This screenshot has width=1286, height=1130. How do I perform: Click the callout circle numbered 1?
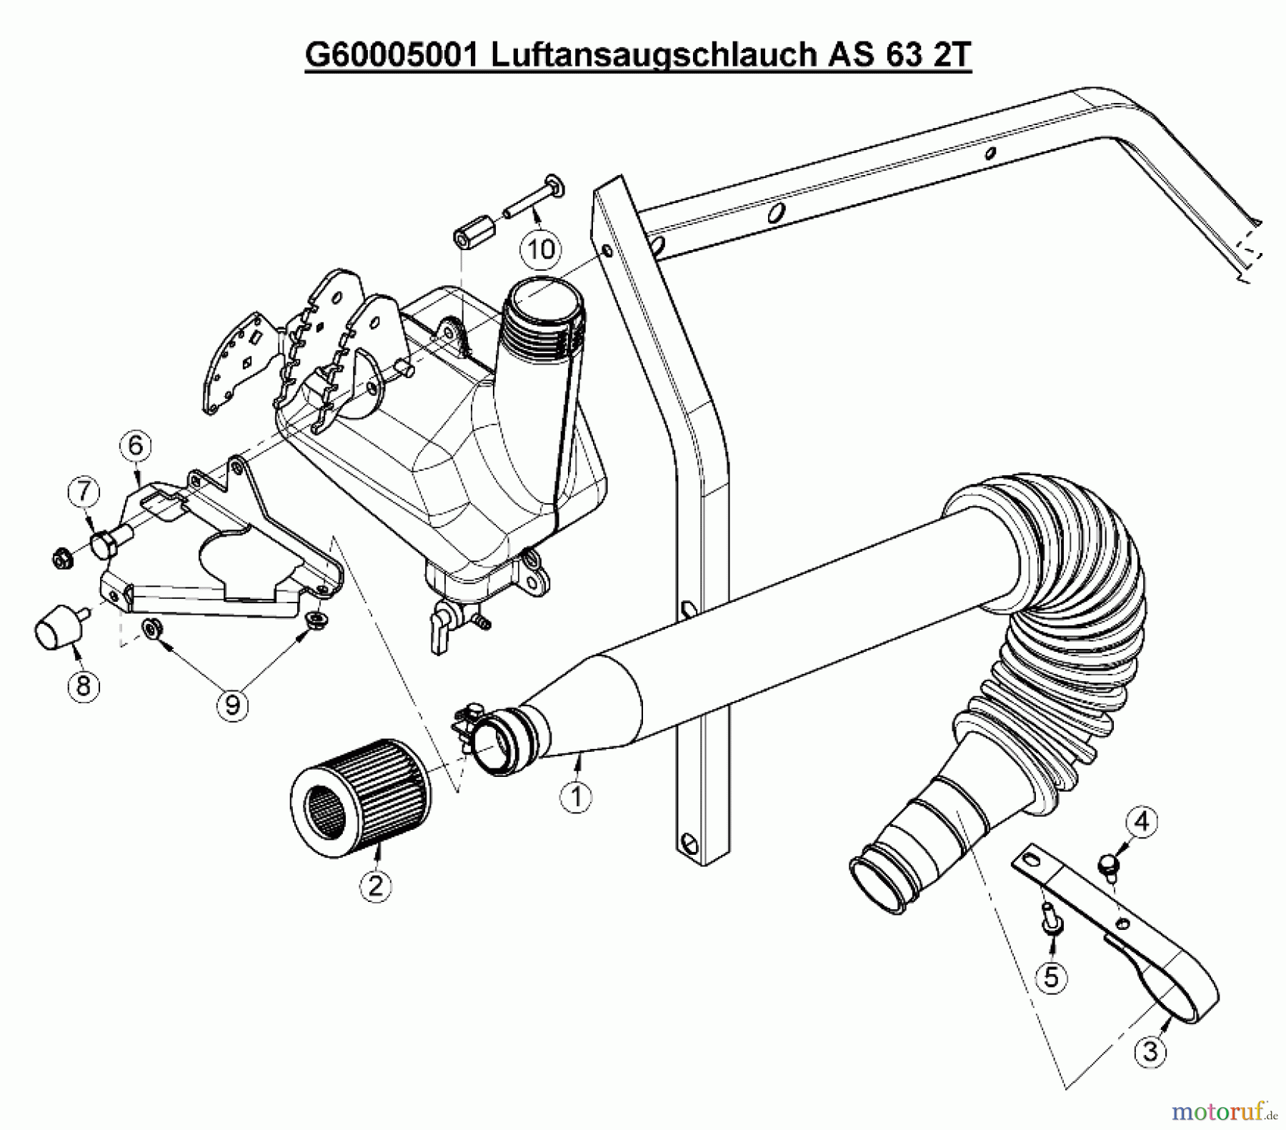576,796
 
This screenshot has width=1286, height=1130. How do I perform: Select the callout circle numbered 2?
376,886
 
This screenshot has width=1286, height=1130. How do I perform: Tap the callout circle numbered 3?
1150,1051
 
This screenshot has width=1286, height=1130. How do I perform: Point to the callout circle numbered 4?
1142,822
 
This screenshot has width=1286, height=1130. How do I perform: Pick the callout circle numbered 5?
1051,976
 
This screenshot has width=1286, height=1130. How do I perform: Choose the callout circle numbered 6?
136,446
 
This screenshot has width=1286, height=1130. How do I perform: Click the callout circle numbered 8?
84,686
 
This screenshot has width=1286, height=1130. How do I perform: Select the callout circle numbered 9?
232,705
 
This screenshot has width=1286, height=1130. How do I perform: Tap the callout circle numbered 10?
541,249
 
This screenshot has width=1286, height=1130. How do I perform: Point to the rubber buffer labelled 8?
56,630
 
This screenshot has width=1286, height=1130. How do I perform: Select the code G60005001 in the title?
392,55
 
